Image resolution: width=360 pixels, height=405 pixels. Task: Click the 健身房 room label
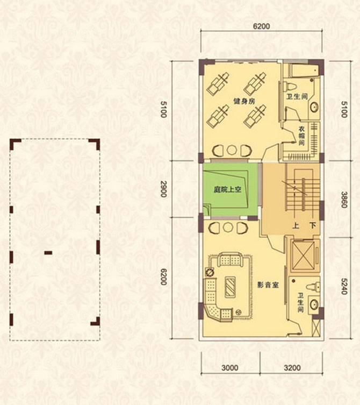(x=244, y=101)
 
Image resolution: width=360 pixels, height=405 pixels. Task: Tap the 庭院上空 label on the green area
(x=227, y=189)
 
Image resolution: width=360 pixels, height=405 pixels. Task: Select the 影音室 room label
(x=268, y=285)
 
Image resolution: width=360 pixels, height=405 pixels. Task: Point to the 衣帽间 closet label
(x=301, y=136)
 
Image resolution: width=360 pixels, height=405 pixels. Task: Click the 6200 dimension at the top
(x=262, y=26)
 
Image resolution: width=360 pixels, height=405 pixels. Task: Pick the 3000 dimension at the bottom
(x=229, y=367)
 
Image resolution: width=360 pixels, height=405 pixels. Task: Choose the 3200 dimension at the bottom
(x=292, y=367)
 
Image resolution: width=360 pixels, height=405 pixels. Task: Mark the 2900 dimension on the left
(x=164, y=189)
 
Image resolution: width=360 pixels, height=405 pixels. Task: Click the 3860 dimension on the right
(x=344, y=200)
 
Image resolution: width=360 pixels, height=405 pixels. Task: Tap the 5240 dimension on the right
(x=344, y=286)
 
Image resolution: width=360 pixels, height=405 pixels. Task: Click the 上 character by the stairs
(x=296, y=226)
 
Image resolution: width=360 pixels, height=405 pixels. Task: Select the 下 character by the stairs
(x=313, y=226)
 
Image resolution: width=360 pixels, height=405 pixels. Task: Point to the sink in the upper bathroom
(x=314, y=107)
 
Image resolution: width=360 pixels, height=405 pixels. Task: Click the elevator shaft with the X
(x=304, y=255)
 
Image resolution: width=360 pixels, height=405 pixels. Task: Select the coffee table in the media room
(x=230, y=287)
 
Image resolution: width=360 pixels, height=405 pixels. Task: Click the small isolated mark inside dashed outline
(x=48, y=253)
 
